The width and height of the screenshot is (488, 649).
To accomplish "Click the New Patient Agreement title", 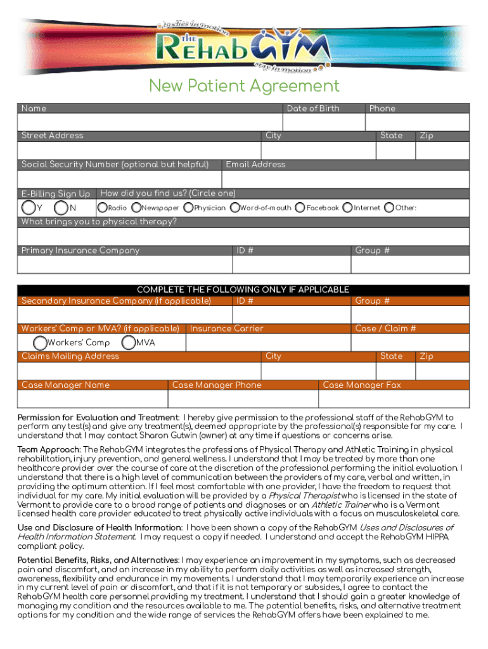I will [244, 86].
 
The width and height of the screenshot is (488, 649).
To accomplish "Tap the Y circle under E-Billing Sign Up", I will [29, 207].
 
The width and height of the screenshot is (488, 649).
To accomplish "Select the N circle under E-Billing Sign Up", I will [61, 207].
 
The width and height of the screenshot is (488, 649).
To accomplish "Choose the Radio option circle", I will [102, 207].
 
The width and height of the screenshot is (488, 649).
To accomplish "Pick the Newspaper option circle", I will [136, 207].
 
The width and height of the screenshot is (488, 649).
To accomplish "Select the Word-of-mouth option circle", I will [235, 207].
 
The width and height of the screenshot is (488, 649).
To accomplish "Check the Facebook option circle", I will [300, 207].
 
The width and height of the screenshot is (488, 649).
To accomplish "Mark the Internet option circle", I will [347, 207].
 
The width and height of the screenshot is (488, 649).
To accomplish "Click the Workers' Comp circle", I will [40, 343].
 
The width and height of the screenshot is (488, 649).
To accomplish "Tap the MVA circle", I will [128, 343].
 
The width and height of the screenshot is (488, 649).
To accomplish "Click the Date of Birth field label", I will [313, 108].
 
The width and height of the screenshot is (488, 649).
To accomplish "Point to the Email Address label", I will [255, 164].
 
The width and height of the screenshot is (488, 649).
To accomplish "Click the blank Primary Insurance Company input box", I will [124, 264].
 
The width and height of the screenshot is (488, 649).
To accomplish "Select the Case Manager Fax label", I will [362, 385].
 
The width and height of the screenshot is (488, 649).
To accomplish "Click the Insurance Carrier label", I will [226, 328].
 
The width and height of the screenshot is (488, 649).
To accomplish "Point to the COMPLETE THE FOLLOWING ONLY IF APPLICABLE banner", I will [244, 289].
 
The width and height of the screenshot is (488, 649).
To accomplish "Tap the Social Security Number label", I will [115, 164].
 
